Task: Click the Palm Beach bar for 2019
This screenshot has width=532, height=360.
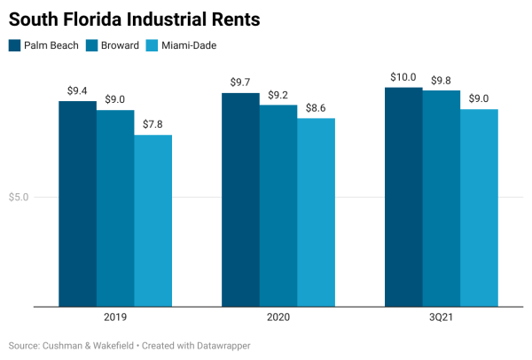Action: pyautogui.click(x=77, y=204)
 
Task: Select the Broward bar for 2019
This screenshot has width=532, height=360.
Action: pyautogui.click(x=115, y=208)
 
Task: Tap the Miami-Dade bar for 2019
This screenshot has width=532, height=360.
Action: pyautogui.click(x=153, y=221)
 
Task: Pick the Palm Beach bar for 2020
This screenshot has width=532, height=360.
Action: pyautogui.click(x=240, y=200)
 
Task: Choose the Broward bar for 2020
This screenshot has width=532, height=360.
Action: pyautogui.click(x=278, y=206)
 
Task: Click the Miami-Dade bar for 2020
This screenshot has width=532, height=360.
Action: pyautogui.click(x=316, y=213)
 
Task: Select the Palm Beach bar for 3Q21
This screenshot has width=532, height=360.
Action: pyautogui.click(x=403, y=197)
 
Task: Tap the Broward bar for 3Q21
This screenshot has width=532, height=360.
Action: pyautogui.click(x=441, y=199)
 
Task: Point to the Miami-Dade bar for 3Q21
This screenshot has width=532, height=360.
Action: pyautogui.click(x=479, y=207)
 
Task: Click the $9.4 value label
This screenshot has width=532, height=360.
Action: pyautogui.click(x=77, y=90)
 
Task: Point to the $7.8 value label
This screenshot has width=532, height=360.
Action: pyautogui.click(x=153, y=124)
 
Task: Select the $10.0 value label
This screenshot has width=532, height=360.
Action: pyautogui.click(x=403, y=77)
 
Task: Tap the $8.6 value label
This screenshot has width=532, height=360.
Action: pyautogui.click(x=316, y=107)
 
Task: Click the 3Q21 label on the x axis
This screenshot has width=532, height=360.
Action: pyautogui.click(x=441, y=317)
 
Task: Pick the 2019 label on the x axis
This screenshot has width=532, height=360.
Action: pyautogui.click(x=115, y=317)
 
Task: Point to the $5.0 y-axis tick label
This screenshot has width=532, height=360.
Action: pyautogui.click(x=19, y=197)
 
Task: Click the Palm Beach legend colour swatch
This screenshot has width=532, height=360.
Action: pyautogui.click(x=15, y=45)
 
